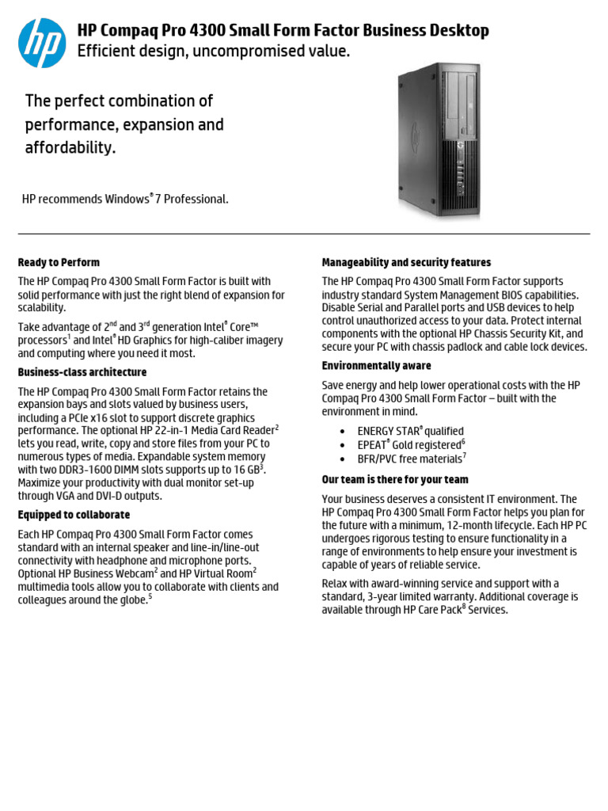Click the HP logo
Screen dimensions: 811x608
click(x=42, y=42)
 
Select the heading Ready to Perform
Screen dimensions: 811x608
click(x=59, y=262)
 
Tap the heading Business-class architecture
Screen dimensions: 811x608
click(x=82, y=372)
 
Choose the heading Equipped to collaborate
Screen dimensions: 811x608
click(x=74, y=515)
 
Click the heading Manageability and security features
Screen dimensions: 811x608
click(x=406, y=262)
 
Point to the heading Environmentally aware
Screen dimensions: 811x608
click(x=376, y=366)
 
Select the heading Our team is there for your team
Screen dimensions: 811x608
click(x=395, y=480)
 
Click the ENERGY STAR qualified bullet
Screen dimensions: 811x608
click(x=410, y=432)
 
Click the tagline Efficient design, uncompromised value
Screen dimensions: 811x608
click(x=213, y=51)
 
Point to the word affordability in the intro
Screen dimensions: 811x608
click(x=70, y=148)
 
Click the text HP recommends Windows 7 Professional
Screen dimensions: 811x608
click(x=125, y=200)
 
